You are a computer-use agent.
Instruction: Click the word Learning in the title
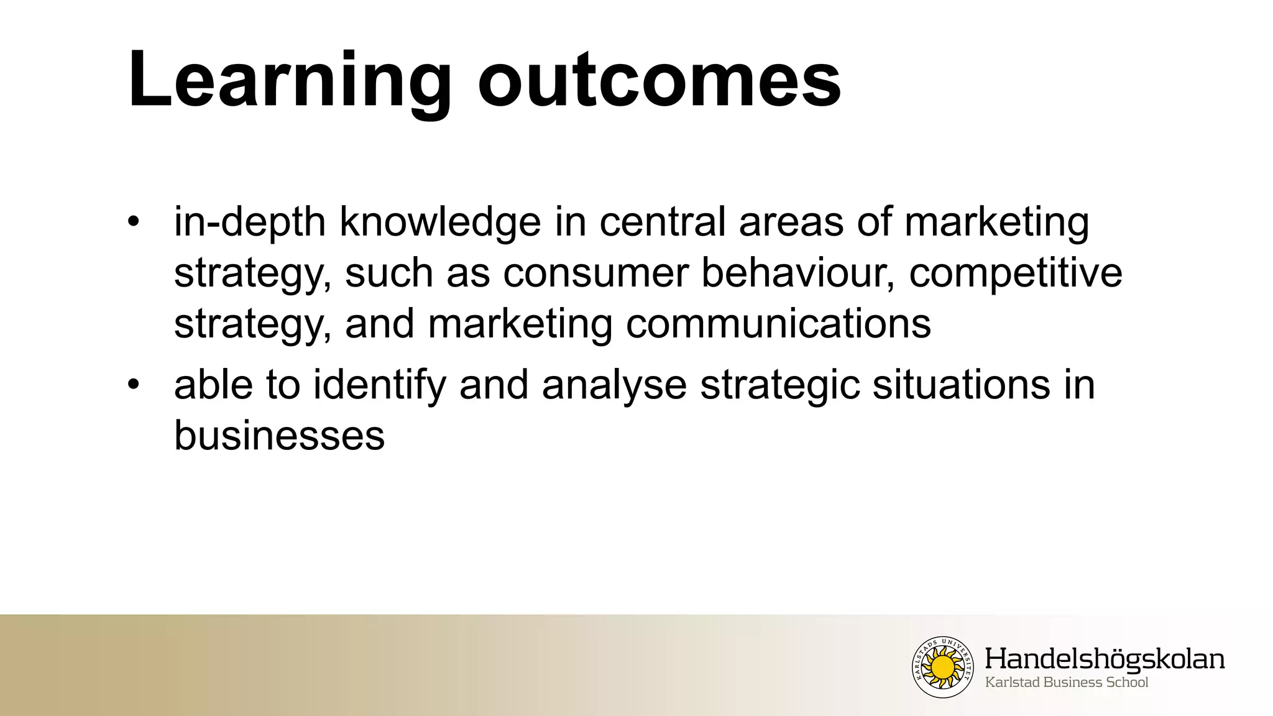pos(289,81)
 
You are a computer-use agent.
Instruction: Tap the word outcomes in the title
pos(659,81)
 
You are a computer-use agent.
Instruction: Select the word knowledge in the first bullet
pos(440,223)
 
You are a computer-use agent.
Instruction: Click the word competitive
pos(1016,273)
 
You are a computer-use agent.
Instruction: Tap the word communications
pos(778,324)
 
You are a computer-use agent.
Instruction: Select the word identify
pos(380,385)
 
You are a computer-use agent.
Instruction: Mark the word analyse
pos(614,385)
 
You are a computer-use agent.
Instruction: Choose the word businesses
pos(279,435)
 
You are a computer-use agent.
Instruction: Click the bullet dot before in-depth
pos(132,223)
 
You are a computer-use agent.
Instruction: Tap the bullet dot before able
pos(132,385)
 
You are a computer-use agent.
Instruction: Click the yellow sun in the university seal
pos(943,667)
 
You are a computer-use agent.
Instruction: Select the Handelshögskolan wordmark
pos(1105,659)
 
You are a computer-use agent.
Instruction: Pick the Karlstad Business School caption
pos(1067,682)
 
